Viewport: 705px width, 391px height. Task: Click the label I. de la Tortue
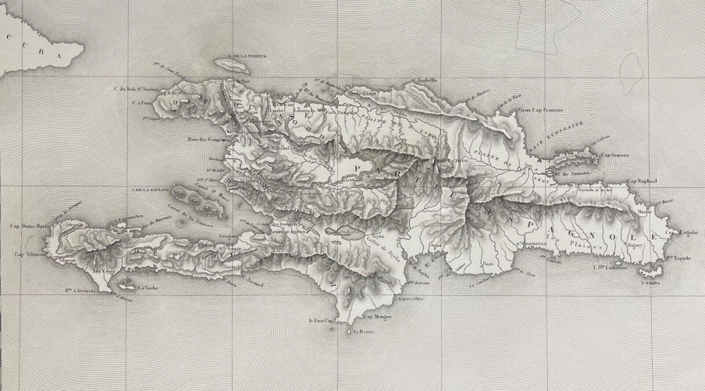(245, 56)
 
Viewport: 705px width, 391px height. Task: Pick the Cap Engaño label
(683, 232)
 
